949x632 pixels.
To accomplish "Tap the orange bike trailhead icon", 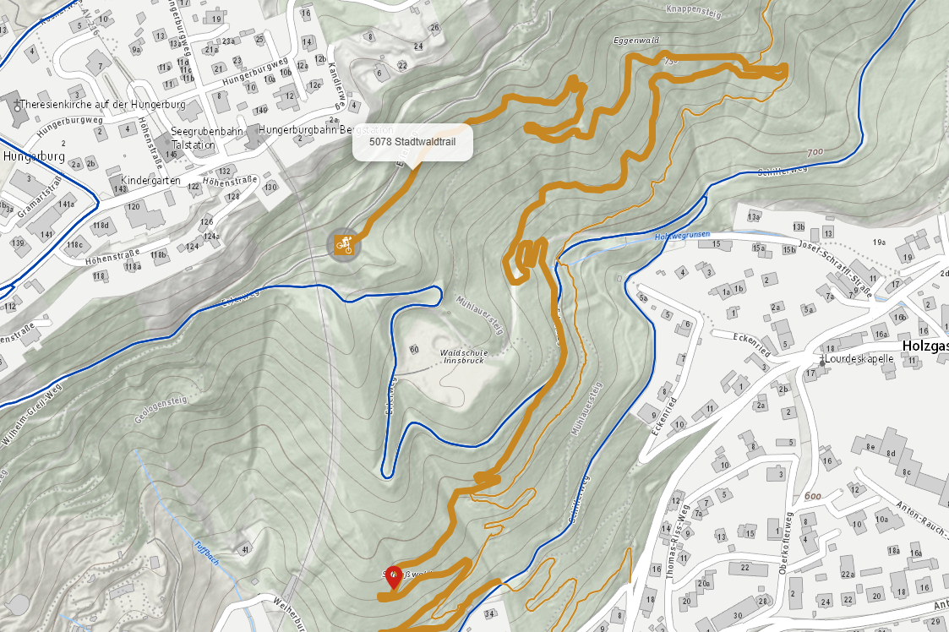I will pyautogui.click(x=343, y=245).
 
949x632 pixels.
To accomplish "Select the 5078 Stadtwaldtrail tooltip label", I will pyautogui.click(x=412, y=142).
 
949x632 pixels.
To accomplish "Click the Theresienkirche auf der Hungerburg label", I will pyautogui.click(x=101, y=105).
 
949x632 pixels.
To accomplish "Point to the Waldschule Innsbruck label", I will pyautogui.click(x=463, y=357).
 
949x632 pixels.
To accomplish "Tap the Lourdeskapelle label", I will pyautogui.click(x=860, y=358).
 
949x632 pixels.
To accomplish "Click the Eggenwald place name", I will pyautogui.click(x=636, y=40).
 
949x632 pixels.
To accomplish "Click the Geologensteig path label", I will pyautogui.click(x=160, y=411).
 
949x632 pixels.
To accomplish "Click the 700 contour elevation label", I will pyautogui.click(x=814, y=153).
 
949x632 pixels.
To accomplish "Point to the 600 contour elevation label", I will pyautogui.click(x=813, y=496).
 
